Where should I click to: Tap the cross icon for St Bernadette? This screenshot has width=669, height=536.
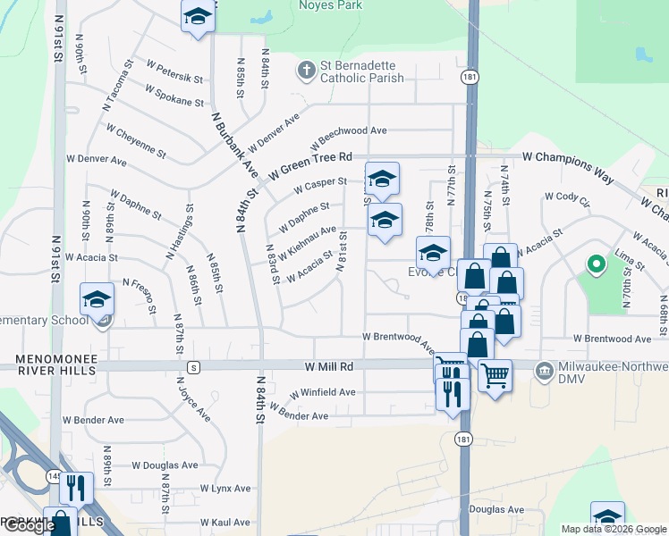(306, 69)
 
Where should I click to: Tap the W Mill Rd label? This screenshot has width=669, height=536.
(328, 366)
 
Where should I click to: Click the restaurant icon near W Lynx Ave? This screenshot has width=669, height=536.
(76, 487)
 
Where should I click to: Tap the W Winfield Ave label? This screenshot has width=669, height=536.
(323, 392)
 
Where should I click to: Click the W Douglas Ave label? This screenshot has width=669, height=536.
(165, 465)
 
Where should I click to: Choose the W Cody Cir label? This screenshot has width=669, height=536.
(567, 198)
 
